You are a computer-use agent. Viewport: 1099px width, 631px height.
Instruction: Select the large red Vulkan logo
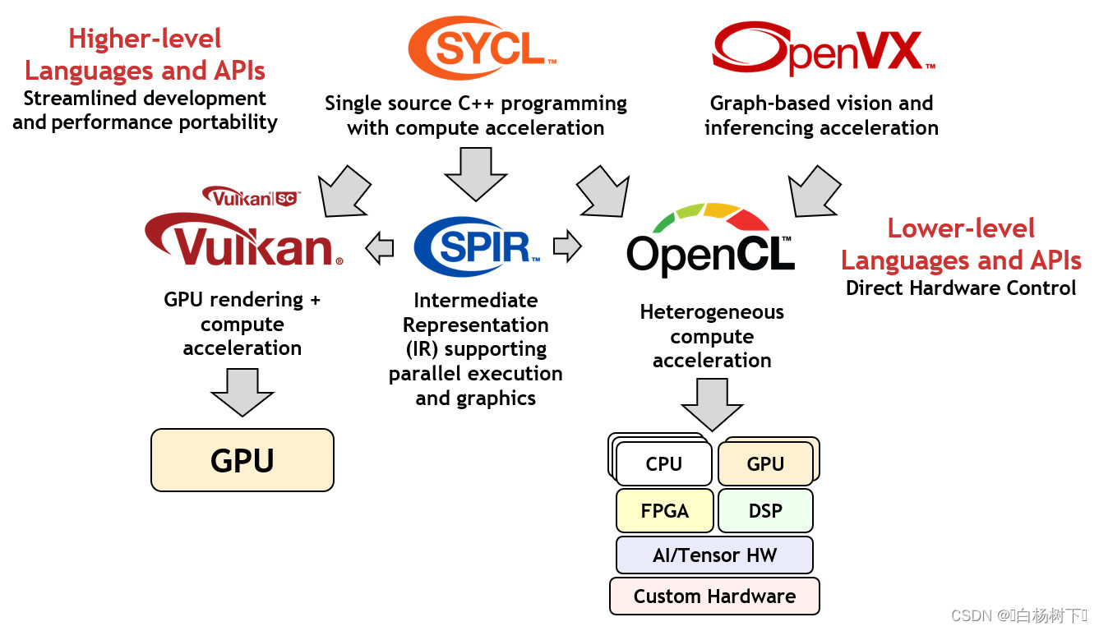pyautogui.click(x=243, y=239)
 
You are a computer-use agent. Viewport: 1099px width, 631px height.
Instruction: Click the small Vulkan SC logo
pyautogui.click(x=252, y=196)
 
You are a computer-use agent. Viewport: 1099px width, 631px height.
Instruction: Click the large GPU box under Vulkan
pyautogui.click(x=242, y=460)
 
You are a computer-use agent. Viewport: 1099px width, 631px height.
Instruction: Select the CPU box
pyautogui.click(x=663, y=464)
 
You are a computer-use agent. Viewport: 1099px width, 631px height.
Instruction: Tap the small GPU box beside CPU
pyautogui.click(x=765, y=464)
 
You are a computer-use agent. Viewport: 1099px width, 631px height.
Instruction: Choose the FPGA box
pyautogui.click(x=664, y=511)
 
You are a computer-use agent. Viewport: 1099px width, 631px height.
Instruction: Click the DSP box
pyautogui.click(x=765, y=511)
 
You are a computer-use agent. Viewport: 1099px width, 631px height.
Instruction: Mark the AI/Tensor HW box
pyautogui.click(x=714, y=555)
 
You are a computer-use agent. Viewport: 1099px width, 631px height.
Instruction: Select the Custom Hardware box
pyautogui.click(x=714, y=596)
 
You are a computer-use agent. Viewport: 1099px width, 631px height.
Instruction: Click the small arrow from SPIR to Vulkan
pyautogui.click(x=379, y=247)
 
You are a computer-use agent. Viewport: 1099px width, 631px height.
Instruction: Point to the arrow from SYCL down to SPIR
pyautogui.click(x=475, y=173)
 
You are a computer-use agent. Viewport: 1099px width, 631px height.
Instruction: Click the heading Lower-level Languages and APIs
pyautogui.click(x=961, y=244)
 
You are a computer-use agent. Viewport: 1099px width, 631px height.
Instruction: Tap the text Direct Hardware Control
pyautogui.click(x=961, y=288)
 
